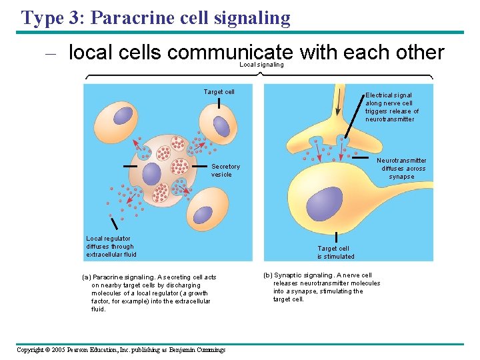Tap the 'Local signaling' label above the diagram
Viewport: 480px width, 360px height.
[x=261, y=65]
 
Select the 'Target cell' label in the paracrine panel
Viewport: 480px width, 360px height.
[x=219, y=92]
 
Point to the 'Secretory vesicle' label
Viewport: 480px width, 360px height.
[x=225, y=171]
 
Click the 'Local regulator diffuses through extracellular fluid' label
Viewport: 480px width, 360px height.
[x=111, y=246]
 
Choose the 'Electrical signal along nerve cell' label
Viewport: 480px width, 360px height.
[x=391, y=107]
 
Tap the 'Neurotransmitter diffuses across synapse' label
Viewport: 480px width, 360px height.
[x=401, y=169]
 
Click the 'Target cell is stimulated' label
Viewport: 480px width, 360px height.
[x=335, y=253]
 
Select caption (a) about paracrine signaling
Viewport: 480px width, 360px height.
[x=149, y=293]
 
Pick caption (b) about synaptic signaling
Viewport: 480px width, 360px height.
[x=322, y=287]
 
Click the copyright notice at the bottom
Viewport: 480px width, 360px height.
[x=121, y=349]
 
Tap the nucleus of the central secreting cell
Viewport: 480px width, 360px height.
[x=151, y=174]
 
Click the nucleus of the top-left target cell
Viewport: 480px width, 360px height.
[x=123, y=115]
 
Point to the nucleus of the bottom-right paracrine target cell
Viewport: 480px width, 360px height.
[x=201, y=213]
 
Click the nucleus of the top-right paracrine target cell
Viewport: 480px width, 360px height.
[x=221, y=125]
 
